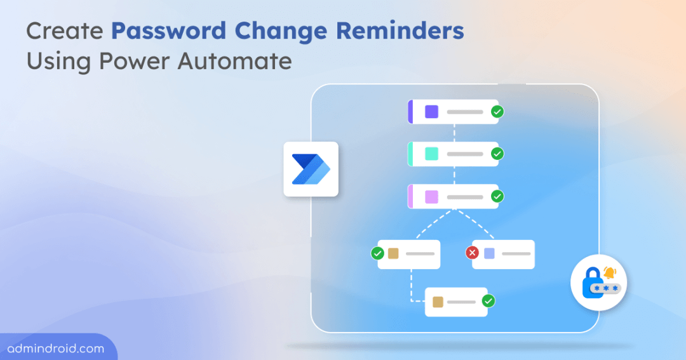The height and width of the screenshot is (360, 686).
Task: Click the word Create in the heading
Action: click(65, 31)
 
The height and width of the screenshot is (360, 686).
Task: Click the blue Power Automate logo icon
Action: click(311, 169)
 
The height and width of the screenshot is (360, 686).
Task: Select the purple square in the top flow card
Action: click(431, 112)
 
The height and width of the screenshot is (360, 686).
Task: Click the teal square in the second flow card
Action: click(431, 154)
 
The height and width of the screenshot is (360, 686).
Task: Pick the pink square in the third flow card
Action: click(431, 196)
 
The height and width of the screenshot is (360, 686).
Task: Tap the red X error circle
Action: click(473, 253)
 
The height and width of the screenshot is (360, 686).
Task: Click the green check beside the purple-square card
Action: click(497, 112)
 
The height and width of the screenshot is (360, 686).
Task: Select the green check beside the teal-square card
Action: click(497, 154)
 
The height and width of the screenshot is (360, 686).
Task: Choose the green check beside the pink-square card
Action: click(497, 196)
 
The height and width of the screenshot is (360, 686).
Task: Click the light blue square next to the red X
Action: click(489, 253)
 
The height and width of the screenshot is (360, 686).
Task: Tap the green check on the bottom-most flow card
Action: click(488, 301)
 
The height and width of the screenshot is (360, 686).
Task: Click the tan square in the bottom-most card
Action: click(438, 302)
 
